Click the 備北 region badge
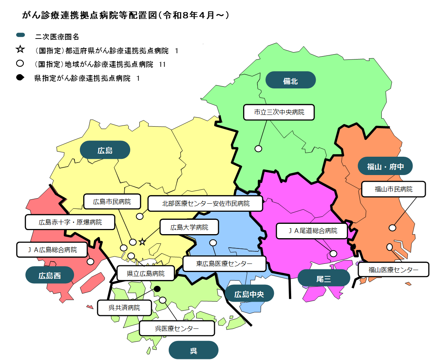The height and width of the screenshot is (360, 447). point(290,80)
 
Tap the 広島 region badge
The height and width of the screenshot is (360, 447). point(105,150)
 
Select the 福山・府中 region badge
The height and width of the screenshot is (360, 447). point(385,166)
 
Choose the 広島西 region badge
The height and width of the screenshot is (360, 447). point(50,275)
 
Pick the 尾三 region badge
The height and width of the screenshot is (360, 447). point(323,279)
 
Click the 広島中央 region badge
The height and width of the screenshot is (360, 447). point(249,294)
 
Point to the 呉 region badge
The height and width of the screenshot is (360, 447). point(193,350)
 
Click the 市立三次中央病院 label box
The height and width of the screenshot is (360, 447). point(279,112)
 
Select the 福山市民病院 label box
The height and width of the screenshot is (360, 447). point(393,189)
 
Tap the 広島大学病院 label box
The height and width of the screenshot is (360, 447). point(189,227)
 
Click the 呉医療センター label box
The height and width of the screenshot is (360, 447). point(177,328)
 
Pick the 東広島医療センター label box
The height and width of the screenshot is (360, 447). point(224,263)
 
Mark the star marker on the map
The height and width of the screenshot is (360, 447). point(142,242)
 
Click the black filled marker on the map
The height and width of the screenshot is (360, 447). point(157,289)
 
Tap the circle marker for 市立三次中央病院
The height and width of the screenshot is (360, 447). point(259,149)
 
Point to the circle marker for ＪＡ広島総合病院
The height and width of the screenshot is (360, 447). point(90,262)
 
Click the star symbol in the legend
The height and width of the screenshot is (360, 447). point(20,49)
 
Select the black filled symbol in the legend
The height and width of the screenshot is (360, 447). point(20,77)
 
